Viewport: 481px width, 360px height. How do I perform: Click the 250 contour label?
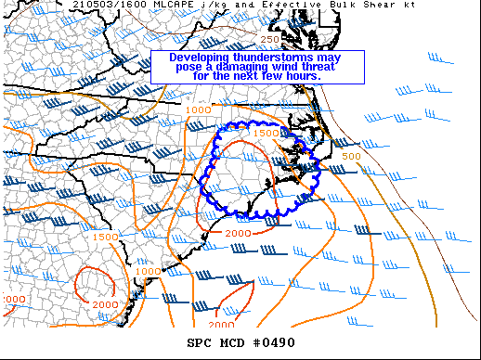pos(269,39)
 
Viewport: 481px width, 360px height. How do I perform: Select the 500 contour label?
pos(351,156)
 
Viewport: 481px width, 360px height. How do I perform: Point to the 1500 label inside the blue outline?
pos(266,134)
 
